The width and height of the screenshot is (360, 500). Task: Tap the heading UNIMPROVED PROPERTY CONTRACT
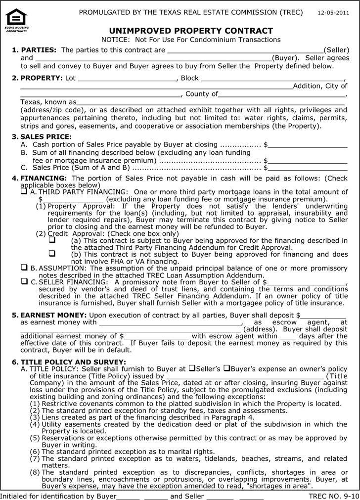coord(191,31)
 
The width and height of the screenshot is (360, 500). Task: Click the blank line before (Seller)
coord(245,50)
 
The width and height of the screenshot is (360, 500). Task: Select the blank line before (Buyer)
coord(153,58)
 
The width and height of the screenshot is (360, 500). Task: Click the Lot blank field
coord(127,79)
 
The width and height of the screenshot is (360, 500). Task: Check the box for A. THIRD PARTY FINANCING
coord(24,191)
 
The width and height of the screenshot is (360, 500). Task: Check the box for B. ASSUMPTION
coord(24,268)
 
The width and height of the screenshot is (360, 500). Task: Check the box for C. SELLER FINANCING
coord(24,281)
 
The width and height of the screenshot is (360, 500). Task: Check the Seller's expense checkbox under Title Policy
coord(191,368)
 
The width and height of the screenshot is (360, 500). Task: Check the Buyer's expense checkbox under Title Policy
coord(226,368)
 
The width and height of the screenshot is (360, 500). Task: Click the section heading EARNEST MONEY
coord(53,315)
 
